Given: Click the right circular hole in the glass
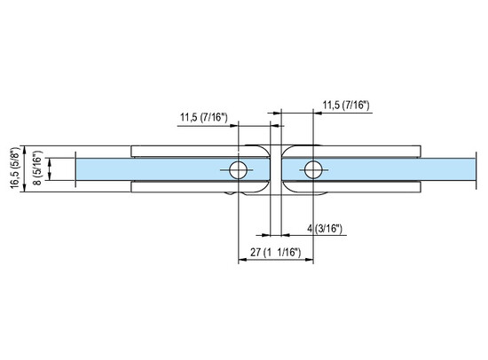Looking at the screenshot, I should [312, 168].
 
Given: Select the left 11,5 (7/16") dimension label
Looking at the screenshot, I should [205, 116].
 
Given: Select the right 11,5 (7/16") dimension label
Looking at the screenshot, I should [346, 106].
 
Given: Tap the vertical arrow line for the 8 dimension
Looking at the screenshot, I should [49, 168].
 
